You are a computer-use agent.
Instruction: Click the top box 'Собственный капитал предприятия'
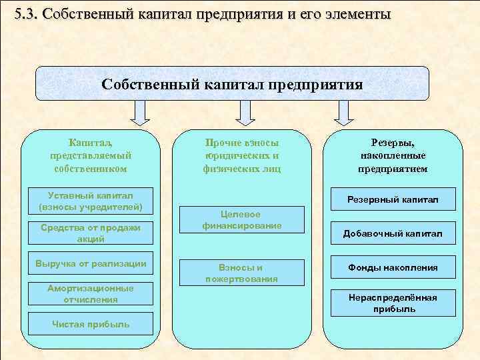point(232,84)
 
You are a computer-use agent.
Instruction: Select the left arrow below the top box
point(140,113)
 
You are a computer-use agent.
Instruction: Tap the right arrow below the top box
point(343,113)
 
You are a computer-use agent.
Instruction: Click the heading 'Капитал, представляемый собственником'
point(91,155)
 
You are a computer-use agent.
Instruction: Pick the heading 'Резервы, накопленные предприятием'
point(393,155)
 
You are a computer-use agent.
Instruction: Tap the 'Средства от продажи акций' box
point(91,233)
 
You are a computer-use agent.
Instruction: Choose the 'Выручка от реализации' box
point(91,263)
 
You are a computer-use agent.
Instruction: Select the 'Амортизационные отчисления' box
point(91,294)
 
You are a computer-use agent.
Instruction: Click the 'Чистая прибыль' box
point(91,325)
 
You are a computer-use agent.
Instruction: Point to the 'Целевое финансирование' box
point(241,220)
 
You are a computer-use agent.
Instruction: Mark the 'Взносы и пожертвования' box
point(241,273)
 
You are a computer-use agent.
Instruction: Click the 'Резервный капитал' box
point(393,200)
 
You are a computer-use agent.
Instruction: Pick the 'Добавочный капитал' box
point(393,233)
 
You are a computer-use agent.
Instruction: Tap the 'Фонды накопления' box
point(393,267)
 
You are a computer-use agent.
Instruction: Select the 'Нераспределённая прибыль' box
point(393,303)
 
